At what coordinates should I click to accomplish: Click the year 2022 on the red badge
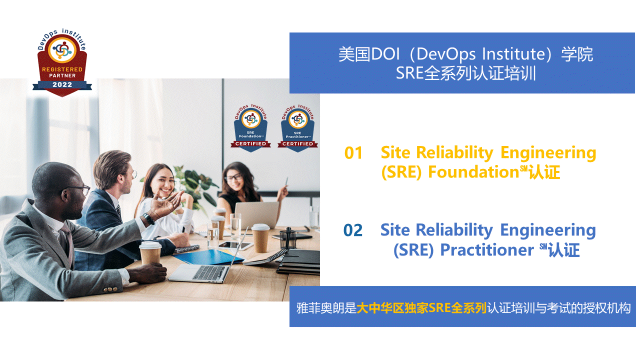click(x=62, y=84)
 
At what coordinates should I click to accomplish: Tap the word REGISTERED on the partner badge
click(x=62, y=69)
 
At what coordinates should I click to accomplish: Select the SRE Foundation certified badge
click(x=250, y=128)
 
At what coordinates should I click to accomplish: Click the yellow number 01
click(x=353, y=153)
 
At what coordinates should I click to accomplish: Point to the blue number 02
click(x=353, y=230)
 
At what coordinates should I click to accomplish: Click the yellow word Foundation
click(x=473, y=172)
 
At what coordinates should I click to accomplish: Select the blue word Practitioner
click(x=487, y=250)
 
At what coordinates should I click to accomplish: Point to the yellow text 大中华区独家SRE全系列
click(x=421, y=308)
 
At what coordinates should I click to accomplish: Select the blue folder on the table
click(x=208, y=257)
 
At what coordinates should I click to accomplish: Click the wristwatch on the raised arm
click(x=149, y=219)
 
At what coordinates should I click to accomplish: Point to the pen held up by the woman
click(x=286, y=182)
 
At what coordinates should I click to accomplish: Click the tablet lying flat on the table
click(x=235, y=245)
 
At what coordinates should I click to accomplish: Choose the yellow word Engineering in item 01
click(x=548, y=153)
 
